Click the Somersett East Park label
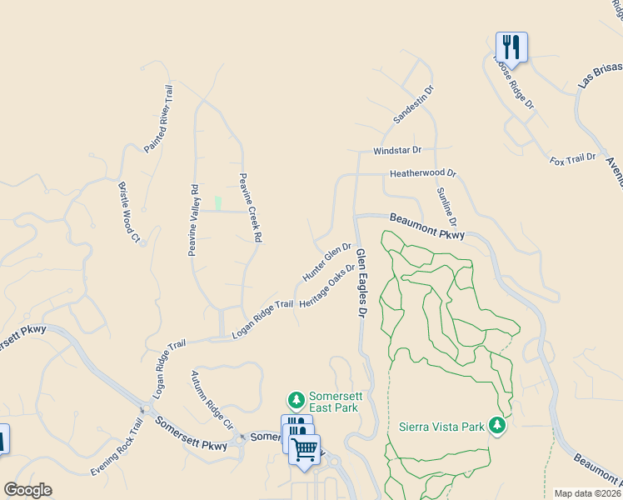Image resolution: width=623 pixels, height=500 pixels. click(x=333, y=402)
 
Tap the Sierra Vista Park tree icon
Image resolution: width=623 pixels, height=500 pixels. click(x=497, y=427)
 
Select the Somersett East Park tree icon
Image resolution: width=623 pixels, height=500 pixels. click(x=295, y=401)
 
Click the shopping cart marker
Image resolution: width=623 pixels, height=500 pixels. click(x=305, y=448)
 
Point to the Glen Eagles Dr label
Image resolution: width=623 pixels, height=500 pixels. click(x=361, y=283)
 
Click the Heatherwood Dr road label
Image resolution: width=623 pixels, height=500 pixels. click(x=424, y=174)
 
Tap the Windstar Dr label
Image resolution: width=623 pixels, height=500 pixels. click(x=397, y=150)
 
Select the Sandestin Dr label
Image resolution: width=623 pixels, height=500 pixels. click(x=414, y=104)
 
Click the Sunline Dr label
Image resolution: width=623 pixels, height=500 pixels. click(x=446, y=207)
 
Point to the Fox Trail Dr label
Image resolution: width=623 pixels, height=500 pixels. click(x=574, y=157)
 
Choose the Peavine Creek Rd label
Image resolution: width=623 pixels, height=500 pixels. click(x=251, y=207)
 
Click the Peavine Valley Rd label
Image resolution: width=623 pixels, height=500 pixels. click(x=193, y=219)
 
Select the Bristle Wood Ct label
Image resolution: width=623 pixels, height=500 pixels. click(x=129, y=212)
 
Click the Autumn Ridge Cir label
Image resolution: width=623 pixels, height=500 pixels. click(x=212, y=400)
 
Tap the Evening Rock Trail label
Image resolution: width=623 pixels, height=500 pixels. click(x=118, y=447)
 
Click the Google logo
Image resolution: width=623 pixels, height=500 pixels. click(x=27, y=490)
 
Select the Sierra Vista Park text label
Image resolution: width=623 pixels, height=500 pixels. click(x=441, y=427)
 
